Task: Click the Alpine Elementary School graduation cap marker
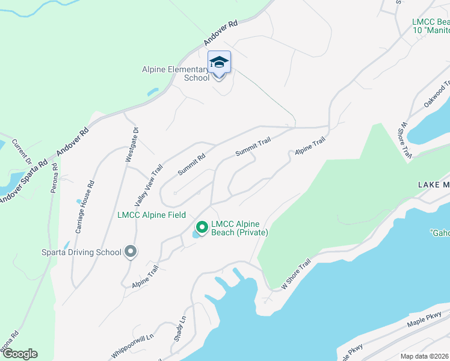[x=219, y=63]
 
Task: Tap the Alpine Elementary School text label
[x=176, y=73]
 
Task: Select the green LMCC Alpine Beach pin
[x=202, y=227]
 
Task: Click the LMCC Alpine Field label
[x=152, y=215]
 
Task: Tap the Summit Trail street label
[x=253, y=146]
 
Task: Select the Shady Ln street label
[x=179, y=329]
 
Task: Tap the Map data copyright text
[x=425, y=356]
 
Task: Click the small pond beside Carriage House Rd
[x=78, y=202]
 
